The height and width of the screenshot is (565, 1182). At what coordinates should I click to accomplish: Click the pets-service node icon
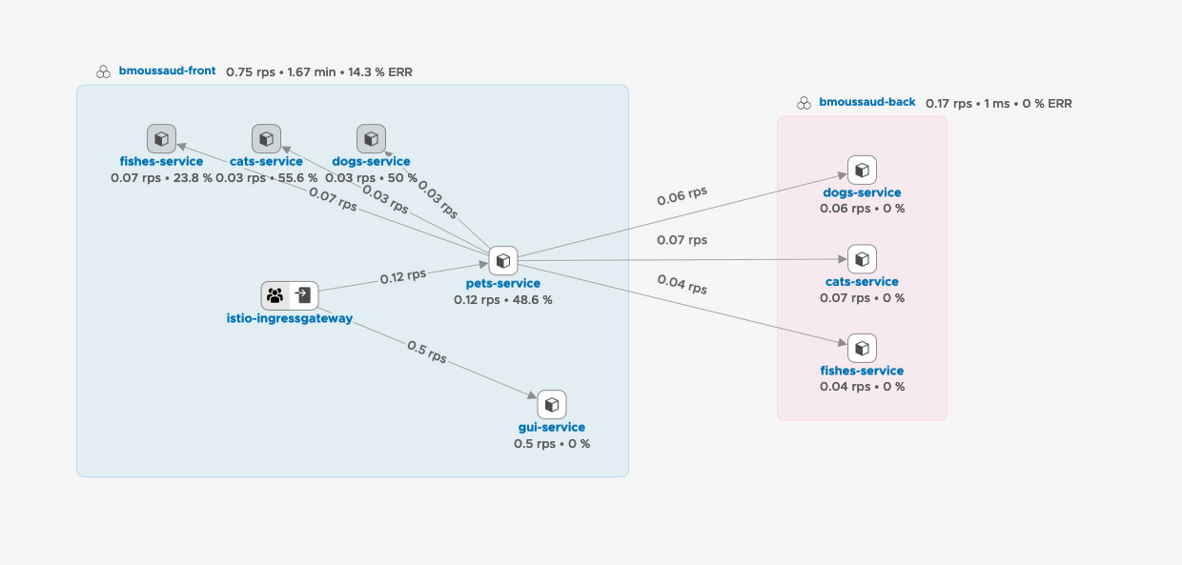503,260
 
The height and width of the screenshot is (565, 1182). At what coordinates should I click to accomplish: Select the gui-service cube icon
552,405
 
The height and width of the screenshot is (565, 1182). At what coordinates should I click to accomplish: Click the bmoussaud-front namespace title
168,71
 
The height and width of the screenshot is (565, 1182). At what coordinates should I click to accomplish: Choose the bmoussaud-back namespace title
867,102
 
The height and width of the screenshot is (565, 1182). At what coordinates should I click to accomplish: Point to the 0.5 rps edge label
427,352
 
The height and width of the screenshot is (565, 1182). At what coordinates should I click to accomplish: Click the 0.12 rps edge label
403,276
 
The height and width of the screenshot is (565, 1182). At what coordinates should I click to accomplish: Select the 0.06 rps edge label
683,195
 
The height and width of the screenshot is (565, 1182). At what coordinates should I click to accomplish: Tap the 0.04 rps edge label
683,283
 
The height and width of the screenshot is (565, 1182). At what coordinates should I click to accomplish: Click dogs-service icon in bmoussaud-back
862,171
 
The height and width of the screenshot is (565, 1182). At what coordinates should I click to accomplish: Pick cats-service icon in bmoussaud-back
862,259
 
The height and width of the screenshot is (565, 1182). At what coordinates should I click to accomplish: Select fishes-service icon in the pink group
862,348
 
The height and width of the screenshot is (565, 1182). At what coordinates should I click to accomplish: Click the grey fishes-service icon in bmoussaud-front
161,139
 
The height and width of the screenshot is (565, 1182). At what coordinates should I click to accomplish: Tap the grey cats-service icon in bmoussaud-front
266,139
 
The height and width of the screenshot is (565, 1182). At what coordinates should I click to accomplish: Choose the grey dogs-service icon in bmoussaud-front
371,139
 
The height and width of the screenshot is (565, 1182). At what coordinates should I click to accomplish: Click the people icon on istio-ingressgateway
275,295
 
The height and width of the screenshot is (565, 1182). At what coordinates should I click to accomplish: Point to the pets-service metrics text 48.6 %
532,299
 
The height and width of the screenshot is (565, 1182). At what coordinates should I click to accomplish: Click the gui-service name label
552,428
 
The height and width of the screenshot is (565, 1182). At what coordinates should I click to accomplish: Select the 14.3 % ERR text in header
380,71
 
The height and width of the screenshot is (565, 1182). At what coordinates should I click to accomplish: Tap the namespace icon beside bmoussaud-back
804,103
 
